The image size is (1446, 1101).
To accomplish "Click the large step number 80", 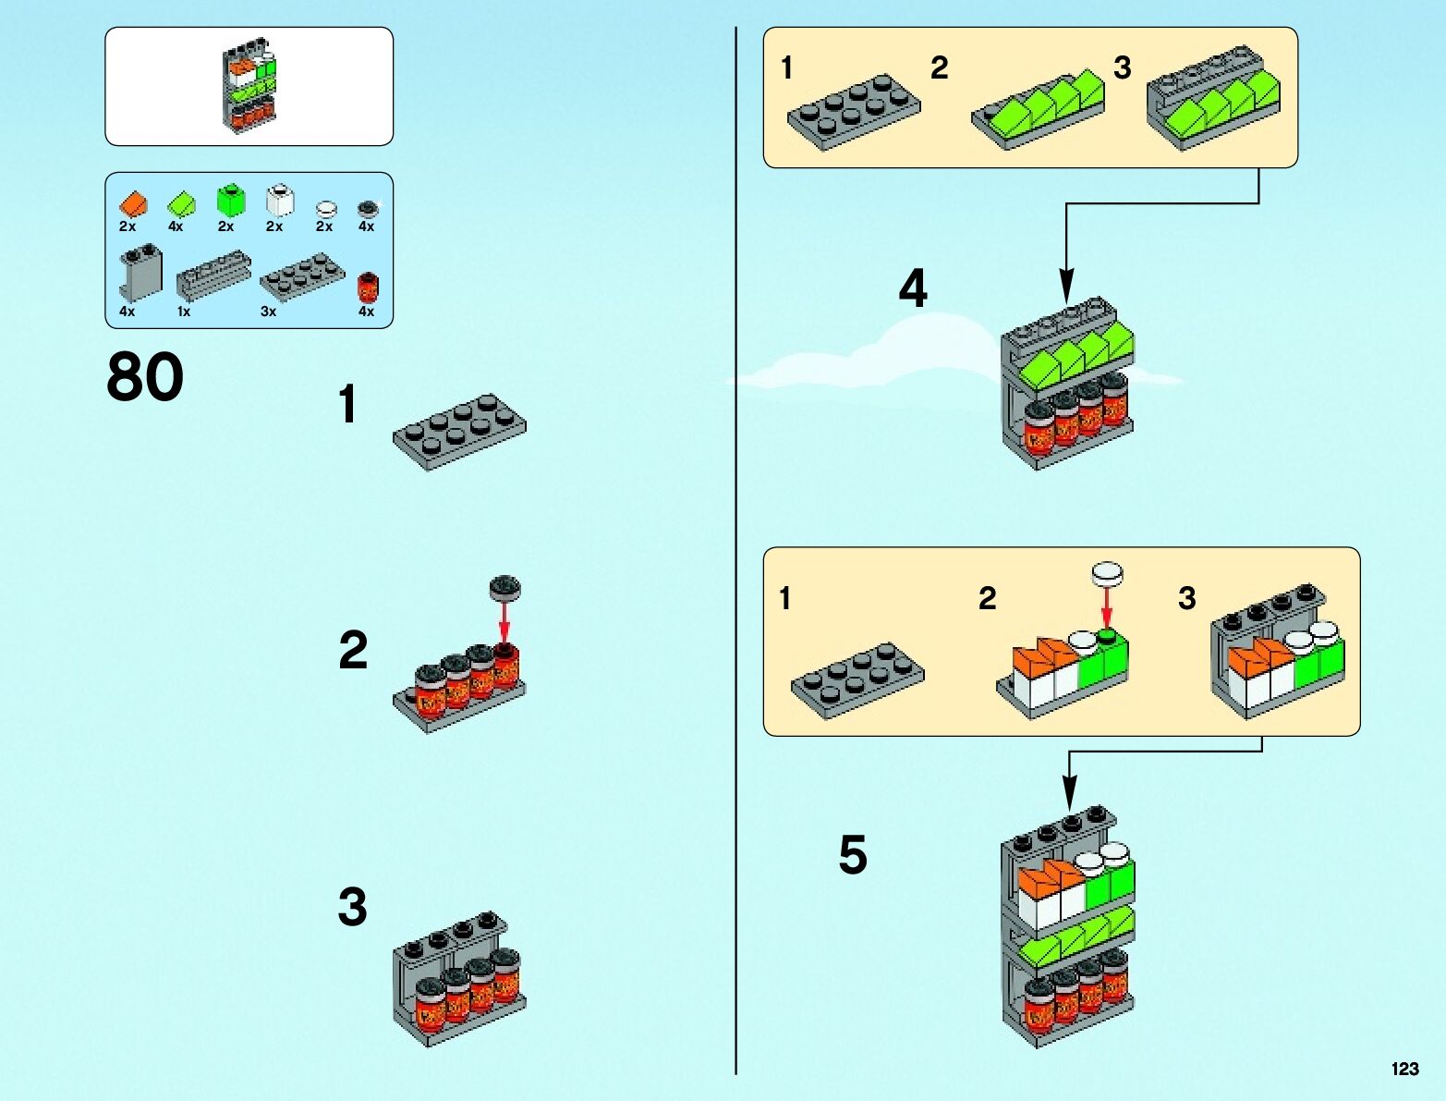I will [145, 377].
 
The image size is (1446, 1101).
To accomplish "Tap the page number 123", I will [1404, 1069].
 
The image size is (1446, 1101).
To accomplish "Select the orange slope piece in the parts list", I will [133, 202].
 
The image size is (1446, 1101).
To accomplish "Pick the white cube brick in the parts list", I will [278, 201].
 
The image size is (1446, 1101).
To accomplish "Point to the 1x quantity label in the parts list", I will [184, 312].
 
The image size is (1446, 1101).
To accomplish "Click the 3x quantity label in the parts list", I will [268, 312].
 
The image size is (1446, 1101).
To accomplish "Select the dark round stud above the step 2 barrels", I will [505, 585].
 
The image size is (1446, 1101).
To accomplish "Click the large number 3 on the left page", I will [352, 906].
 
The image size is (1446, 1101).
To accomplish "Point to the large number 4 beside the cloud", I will [913, 288].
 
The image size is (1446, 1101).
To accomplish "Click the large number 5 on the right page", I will [853, 854].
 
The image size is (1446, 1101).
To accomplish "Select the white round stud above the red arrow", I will [1107, 574].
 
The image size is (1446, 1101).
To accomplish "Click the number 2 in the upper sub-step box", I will [939, 67].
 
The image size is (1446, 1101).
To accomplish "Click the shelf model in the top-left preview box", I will [249, 85].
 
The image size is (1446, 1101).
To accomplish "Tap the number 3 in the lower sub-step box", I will [1187, 598].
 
